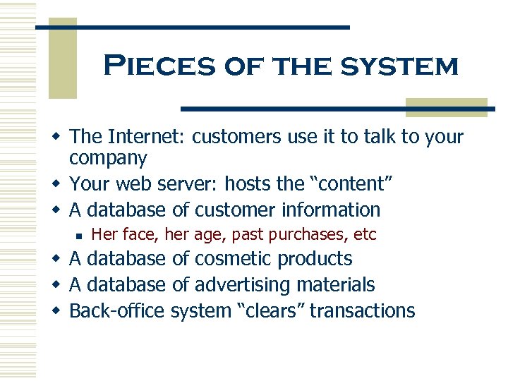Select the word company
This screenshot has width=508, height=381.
109,158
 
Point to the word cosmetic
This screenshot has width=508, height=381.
234,259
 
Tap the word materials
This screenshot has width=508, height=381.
335,285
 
